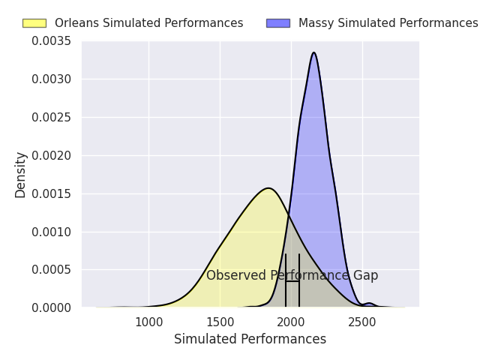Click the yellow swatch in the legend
(34, 23)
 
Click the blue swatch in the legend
(278, 23)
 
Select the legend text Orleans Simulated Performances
(149, 23)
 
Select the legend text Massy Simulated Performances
(388, 23)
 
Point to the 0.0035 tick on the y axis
(51, 41)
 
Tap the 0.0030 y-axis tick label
(51, 79)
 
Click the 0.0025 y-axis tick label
(51, 117)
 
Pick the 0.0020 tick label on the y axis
(51, 155)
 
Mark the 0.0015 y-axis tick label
(51, 193)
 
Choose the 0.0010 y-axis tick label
(51, 232)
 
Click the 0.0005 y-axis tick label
(51, 270)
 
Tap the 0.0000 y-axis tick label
(51, 307)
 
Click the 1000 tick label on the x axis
(149, 322)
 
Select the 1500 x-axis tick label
(220, 322)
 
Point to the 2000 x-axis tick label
(291, 322)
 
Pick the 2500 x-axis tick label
(362, 322)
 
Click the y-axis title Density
(20, 175)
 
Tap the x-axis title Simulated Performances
(250, 339)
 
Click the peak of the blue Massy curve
(313, 52)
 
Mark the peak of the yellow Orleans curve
(268, 188)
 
